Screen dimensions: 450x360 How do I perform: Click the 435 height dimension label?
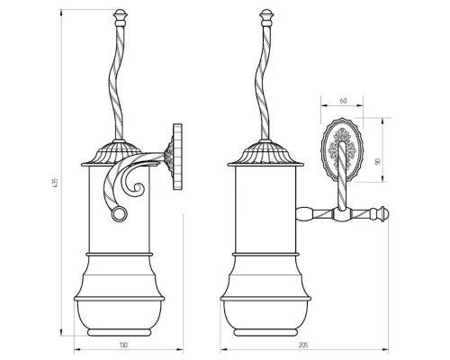(x=55, y=183)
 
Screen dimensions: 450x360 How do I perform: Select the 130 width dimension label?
(x=123, y=345)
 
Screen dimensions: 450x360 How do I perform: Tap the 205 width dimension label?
(x=303, y=345)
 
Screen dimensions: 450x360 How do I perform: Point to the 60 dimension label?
(x=343, y=101)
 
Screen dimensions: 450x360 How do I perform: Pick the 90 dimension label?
(x=378, y=161)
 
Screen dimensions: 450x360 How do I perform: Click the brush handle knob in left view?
(x=121, y=17)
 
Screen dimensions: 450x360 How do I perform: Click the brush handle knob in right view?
(x=266, y=17)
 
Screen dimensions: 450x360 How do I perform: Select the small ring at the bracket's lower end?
(x=120, y=214)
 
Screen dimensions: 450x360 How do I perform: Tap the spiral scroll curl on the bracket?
(x=135, y=187)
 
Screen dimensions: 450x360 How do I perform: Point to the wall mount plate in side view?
(x=177, y=157)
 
